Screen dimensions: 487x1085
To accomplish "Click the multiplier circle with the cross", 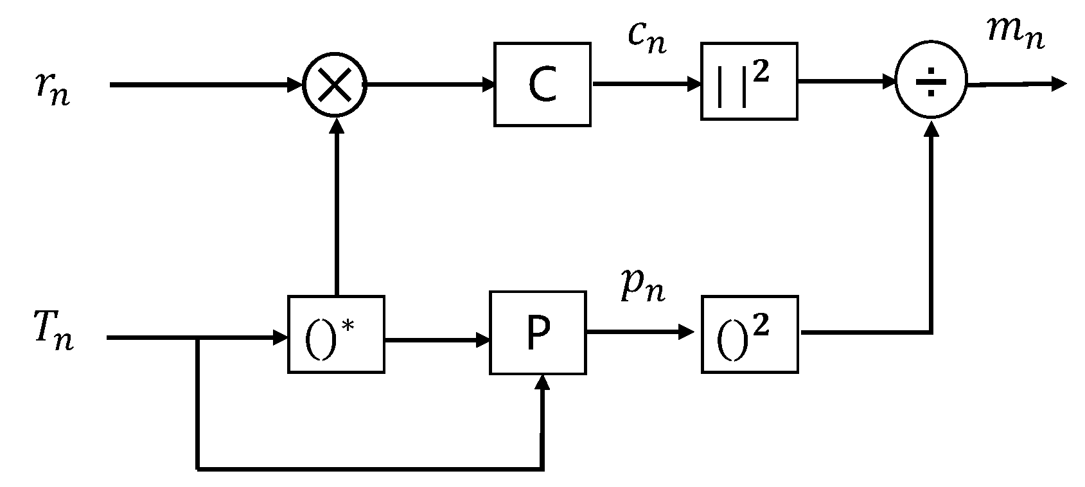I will tap(335, 85).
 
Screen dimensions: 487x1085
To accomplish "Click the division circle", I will tap(931, 82).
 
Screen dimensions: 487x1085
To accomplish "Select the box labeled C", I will tap(542, 84).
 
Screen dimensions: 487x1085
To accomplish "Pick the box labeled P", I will tap(538, 333).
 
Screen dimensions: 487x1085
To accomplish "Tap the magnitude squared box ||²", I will tap(749, 81).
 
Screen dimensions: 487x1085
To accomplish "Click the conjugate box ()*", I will tap(336, 334).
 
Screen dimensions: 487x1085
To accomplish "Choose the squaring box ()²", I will tap(749, 334).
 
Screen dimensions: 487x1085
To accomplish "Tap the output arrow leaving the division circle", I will tap(1015, 84).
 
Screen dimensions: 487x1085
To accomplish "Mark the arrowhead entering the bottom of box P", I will tap(543, 383).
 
